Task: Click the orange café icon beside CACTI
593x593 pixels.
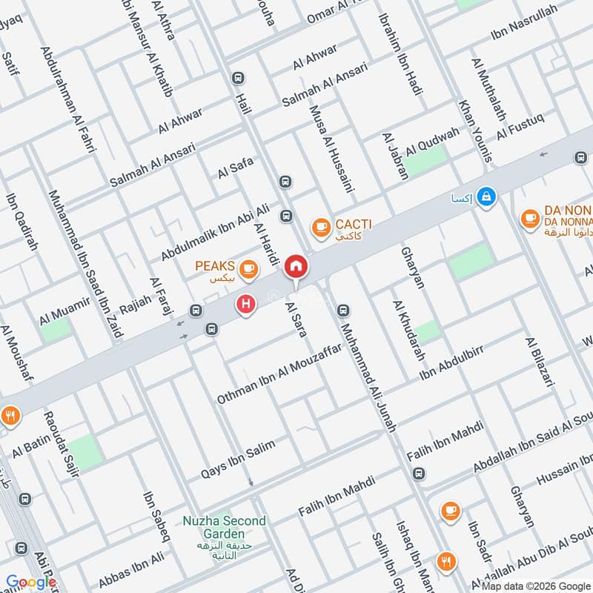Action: pyautogui.click(x=320, y=225)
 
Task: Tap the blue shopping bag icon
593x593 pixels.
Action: pyautogui.click(x=486, y=196)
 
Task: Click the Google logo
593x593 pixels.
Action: pyautogui.click(x=31, y=582)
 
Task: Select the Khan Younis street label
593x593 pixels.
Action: pyautogui.click(x=475, y=130)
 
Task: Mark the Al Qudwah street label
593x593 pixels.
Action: pyautogui.click(x=432, y=138)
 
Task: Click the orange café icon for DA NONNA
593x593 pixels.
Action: pyautogui.click(x=529, y=217)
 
